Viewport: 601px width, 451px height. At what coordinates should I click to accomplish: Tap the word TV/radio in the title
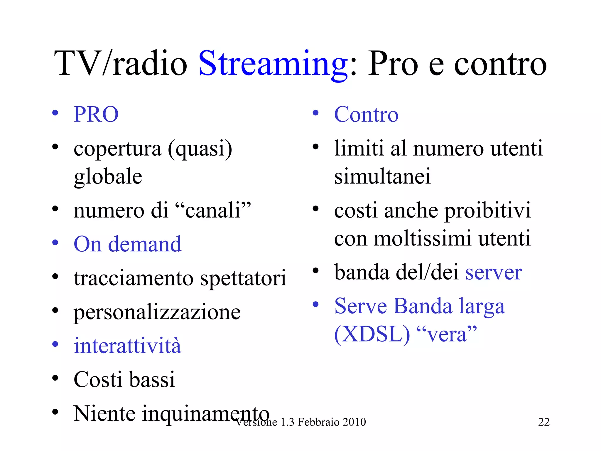click(x=120, y=64)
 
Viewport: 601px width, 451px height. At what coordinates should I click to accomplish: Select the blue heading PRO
click(x=96, y=114)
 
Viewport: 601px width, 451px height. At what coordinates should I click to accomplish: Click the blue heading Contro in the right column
click(x=366, y=114)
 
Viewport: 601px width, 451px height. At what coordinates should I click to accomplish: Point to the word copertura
click(x=117, y=149)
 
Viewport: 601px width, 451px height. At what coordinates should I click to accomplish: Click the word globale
click(x=108, y=176)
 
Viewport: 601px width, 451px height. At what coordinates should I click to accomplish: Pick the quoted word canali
click(x=213, y=211)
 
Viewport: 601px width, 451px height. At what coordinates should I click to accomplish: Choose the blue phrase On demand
click(x=127, y=244)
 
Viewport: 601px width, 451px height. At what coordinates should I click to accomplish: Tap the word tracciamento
click(x=134, y=278)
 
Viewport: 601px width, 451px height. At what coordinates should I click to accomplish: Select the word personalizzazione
click(x=157, y=312)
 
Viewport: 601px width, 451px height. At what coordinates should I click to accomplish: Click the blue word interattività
click(x=127, y=346)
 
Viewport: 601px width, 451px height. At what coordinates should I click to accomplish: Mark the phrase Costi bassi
click(x=124, y=379)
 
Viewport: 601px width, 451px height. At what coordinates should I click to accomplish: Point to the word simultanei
click(x=382, y=176)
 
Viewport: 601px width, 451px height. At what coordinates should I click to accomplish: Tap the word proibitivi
click(x=488, y=211)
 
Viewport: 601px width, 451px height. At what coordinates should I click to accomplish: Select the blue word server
click(x=494, y=272)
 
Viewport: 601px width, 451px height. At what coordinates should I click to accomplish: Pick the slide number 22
click(x=544, y=422)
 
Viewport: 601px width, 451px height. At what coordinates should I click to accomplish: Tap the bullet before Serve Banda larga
click(x=315, y=304)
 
